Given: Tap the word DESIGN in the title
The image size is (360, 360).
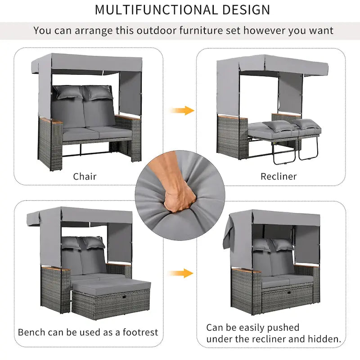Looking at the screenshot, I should click(246, 9).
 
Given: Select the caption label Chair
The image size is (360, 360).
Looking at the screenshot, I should click(85, 176).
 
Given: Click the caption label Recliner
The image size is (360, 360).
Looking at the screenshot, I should click(279, 176).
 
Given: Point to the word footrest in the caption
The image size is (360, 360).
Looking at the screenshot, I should click(138, 333).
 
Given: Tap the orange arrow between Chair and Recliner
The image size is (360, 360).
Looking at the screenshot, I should click(182, 110).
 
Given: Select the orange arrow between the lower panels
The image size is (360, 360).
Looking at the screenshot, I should click(182, 273).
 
